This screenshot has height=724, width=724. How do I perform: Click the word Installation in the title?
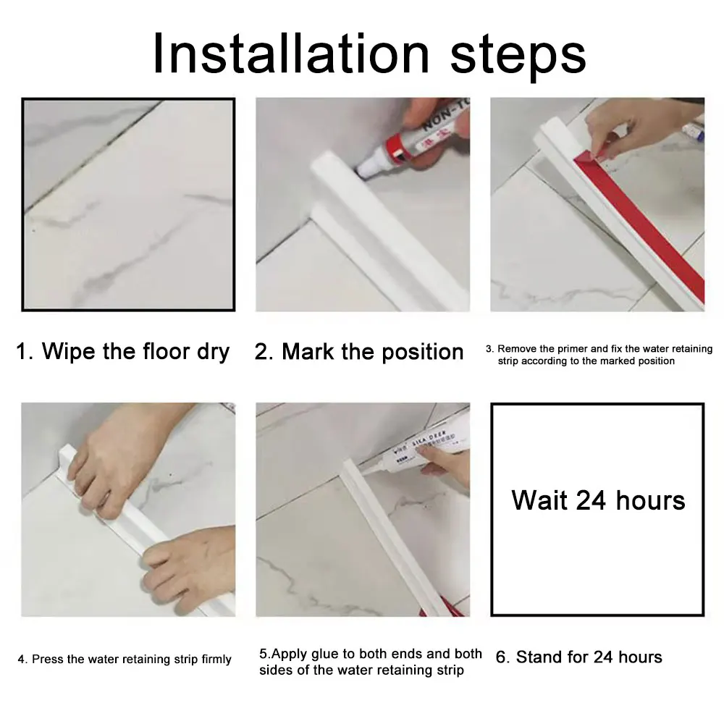291,54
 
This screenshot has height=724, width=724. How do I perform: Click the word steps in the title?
518,57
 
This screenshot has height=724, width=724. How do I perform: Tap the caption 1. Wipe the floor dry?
123,351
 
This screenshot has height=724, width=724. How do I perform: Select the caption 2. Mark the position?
359,352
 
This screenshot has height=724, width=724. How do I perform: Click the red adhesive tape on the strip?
641,222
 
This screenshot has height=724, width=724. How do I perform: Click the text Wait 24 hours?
598,500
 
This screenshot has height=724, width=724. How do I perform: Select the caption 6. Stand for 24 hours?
578,657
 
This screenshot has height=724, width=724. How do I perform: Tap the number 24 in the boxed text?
591,500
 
